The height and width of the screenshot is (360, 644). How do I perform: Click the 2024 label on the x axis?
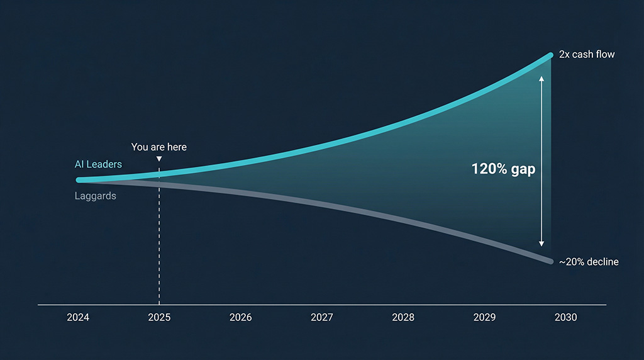tap(78, 317)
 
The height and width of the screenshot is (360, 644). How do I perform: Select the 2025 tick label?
tap(159, 317)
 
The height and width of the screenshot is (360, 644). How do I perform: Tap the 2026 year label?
tap(240, 317)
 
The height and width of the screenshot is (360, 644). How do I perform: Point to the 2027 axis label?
tap(321, 317)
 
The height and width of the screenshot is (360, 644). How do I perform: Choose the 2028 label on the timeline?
tap(403, 317)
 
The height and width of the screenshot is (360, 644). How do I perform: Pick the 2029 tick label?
tap(484, 317)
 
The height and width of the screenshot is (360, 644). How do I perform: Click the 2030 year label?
tap(565, 317)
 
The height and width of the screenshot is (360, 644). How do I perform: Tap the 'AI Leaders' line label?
tap(98, 164)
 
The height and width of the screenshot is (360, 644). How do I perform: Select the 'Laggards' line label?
tap(96, 196)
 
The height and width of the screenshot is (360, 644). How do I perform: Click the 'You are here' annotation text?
tap(159, 147)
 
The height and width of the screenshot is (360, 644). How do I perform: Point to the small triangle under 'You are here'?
tap(159, 159)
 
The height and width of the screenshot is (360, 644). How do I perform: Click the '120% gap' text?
tap(503, 169)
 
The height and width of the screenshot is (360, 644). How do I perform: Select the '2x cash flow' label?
tap(587, 55)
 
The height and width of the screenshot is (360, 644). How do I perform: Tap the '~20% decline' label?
tap(589, 262)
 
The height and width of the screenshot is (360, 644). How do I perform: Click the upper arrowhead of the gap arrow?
tap(541, 79)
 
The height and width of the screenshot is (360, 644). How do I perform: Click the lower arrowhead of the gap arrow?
tap(541, 244)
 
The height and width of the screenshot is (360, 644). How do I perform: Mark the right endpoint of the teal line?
tap(550, 56)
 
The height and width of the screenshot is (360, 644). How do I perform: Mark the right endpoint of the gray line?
tap(550, 261)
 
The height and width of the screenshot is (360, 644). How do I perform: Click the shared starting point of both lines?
tap(79, 180)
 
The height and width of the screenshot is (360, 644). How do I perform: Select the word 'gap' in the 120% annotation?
tap(523, 169)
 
